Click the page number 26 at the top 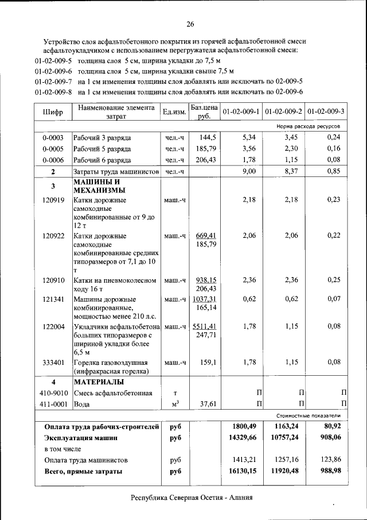click(x=190, y=24)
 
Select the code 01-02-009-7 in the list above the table click(x=53, y=82)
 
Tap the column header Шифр click(x=52, y=111)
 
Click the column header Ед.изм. click(x=174, y=111)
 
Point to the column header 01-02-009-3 click(x=326, y=111)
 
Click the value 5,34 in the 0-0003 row click(x=248, y=137)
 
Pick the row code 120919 click(x=53, y=200)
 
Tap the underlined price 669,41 click(x=205, y=236)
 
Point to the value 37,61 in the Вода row click(x=206, y=404)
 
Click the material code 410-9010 click(x=53, y=393)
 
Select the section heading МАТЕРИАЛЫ click(x=99, y=382)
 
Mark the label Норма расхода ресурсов click(x=308, y=125)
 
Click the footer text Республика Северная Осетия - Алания click(x=192, y=498)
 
